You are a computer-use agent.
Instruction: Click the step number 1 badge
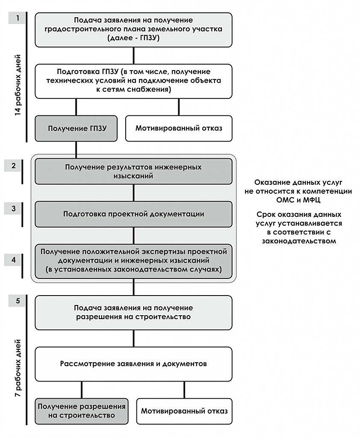pos(17,18)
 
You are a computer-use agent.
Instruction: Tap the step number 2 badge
pos(13,166)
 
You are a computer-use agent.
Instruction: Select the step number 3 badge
pos(13,209)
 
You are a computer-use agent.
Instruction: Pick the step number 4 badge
pos(13,260)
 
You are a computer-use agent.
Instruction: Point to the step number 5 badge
pos(17,301)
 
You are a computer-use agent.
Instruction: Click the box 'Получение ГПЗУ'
pos(76,128)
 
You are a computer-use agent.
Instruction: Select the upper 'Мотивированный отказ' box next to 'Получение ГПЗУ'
pos(179,128)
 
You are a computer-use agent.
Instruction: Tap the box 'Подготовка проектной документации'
pos(133,214)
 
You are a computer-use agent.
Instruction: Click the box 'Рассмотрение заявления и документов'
pos(133,364)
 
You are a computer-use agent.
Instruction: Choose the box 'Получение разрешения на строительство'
pos(82,411)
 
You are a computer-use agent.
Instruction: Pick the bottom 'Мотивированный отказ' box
pos(184,411)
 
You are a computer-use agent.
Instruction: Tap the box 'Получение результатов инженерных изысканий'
pos(133,172)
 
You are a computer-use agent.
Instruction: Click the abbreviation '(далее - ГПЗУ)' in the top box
pos(133,38)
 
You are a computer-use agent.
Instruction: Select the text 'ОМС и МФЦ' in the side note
pos(298,200)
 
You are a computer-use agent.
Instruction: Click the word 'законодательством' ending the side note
pos(299,241)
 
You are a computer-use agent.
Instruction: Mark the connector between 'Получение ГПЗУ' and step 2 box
pos(76,150)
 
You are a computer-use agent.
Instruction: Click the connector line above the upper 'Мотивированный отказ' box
pos(179,107)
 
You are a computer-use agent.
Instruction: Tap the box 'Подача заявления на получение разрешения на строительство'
pos(133,313)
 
